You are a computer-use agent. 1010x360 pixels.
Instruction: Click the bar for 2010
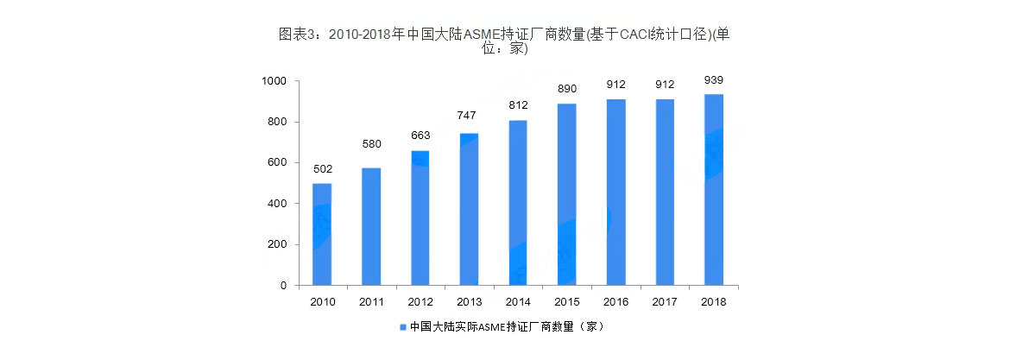[322, 234]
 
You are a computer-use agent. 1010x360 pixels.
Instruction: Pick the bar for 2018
[713, 189]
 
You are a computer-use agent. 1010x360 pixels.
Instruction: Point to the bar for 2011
[371, 226]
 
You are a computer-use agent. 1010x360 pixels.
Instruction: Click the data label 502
[322, 169]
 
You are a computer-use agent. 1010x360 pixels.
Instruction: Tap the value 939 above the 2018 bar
[713, 80]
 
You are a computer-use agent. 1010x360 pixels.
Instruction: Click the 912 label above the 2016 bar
[615, 85]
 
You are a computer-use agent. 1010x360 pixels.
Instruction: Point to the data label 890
[566, 90]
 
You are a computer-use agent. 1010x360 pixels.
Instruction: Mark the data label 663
[420, 136]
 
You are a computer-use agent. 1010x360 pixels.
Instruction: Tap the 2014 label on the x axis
[518, 302]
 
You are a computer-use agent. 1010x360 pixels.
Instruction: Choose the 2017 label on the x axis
[665, 302]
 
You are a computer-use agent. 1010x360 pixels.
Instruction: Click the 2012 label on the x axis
[420, 302]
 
